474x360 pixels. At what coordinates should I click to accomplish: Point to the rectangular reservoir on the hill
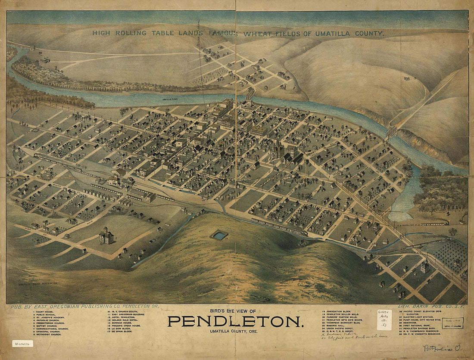(219, 235)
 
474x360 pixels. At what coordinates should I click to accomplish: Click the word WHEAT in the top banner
(256, 33)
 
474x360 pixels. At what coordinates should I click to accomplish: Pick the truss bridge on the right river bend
(392, 131)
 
